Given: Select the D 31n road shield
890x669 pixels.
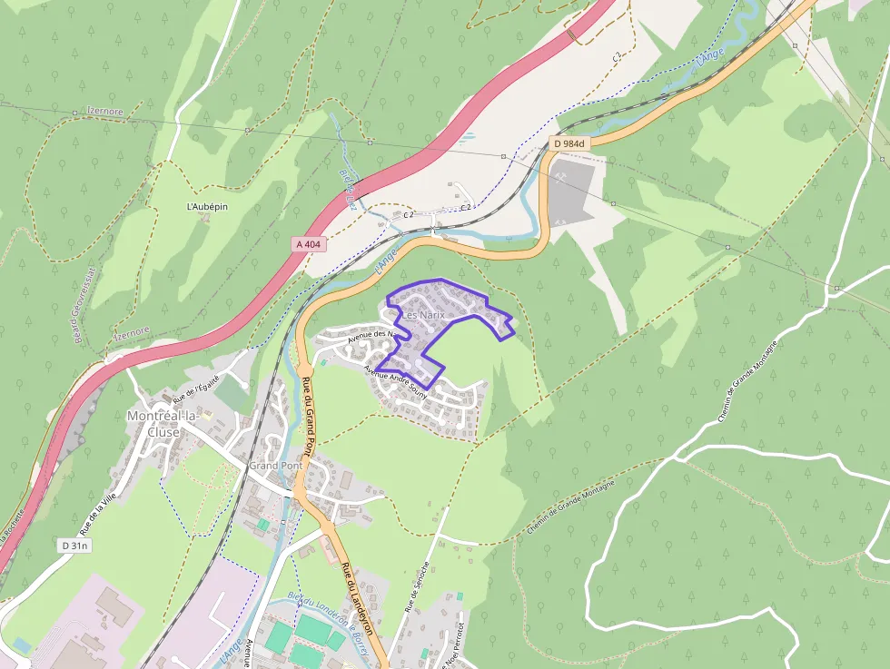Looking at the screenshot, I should pos(75,546).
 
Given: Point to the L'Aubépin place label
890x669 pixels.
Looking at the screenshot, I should pos(207,207).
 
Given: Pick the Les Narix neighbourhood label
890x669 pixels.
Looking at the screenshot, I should pos(423,315).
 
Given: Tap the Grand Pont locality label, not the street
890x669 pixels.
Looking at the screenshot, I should pos(275,466).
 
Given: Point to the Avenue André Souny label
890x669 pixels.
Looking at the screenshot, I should pos(396,384).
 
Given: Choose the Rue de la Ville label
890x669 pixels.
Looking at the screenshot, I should pos(99,514).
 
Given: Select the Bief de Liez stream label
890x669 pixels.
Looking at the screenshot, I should pos(346,188).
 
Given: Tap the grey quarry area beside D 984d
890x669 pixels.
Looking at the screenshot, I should pos(571,191).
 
